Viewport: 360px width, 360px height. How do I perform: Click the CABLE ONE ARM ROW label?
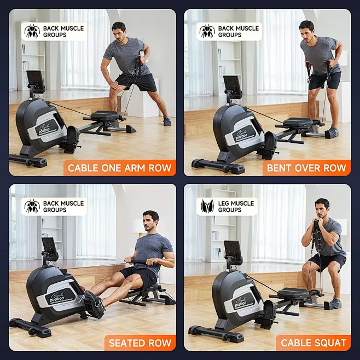pyautogui.click(x=119, y=167)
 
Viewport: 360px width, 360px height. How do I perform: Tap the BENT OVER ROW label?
pyautogui.click(x=306, y=167)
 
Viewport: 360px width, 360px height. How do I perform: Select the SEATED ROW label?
pyautogui.click(x=140, y=343)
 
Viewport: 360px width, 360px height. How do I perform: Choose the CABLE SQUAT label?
pyautogui.click(x=313, y=343)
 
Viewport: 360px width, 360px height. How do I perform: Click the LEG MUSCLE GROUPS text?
pyautogui.click(x=236, y=206)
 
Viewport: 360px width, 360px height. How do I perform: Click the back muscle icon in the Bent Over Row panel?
pyautogui.click(x=207, y=31)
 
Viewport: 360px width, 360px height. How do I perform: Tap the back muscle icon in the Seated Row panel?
pyautogui.click(x=32, y=206)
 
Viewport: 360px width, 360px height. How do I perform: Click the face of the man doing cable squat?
pyautogui.click(x=323, y=208)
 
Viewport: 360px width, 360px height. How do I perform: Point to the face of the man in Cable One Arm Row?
pyautogui.click(x=119, y=31)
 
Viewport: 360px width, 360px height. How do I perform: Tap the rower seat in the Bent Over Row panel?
pyautogui.click(x=299, y=122)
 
